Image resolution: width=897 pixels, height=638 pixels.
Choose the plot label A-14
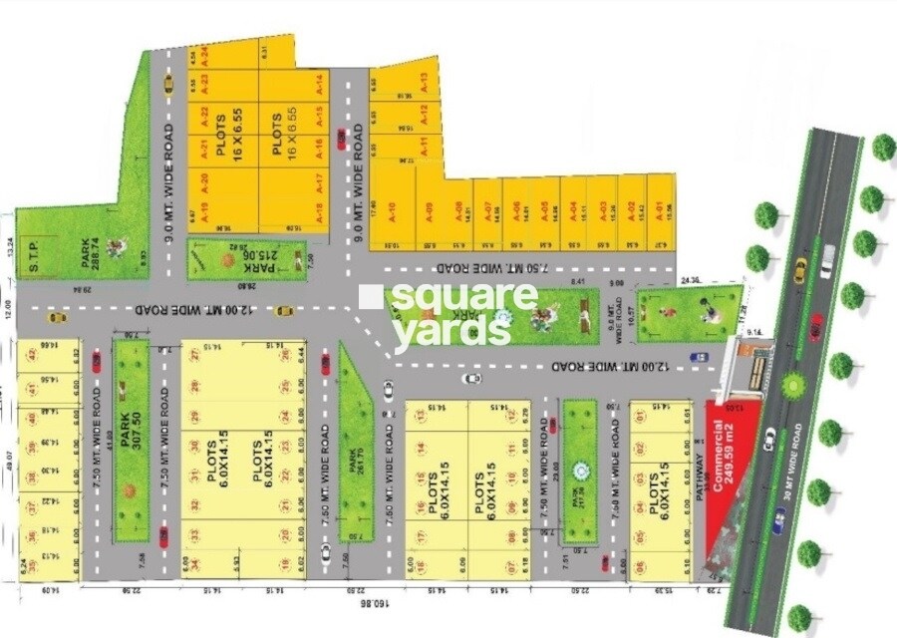pos(320,84)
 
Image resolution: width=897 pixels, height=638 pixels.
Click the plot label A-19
pos(202,210)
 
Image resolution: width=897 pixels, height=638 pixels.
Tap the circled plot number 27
pos(195,354)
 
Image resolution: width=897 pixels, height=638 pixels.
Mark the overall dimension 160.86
pos(371,604)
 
